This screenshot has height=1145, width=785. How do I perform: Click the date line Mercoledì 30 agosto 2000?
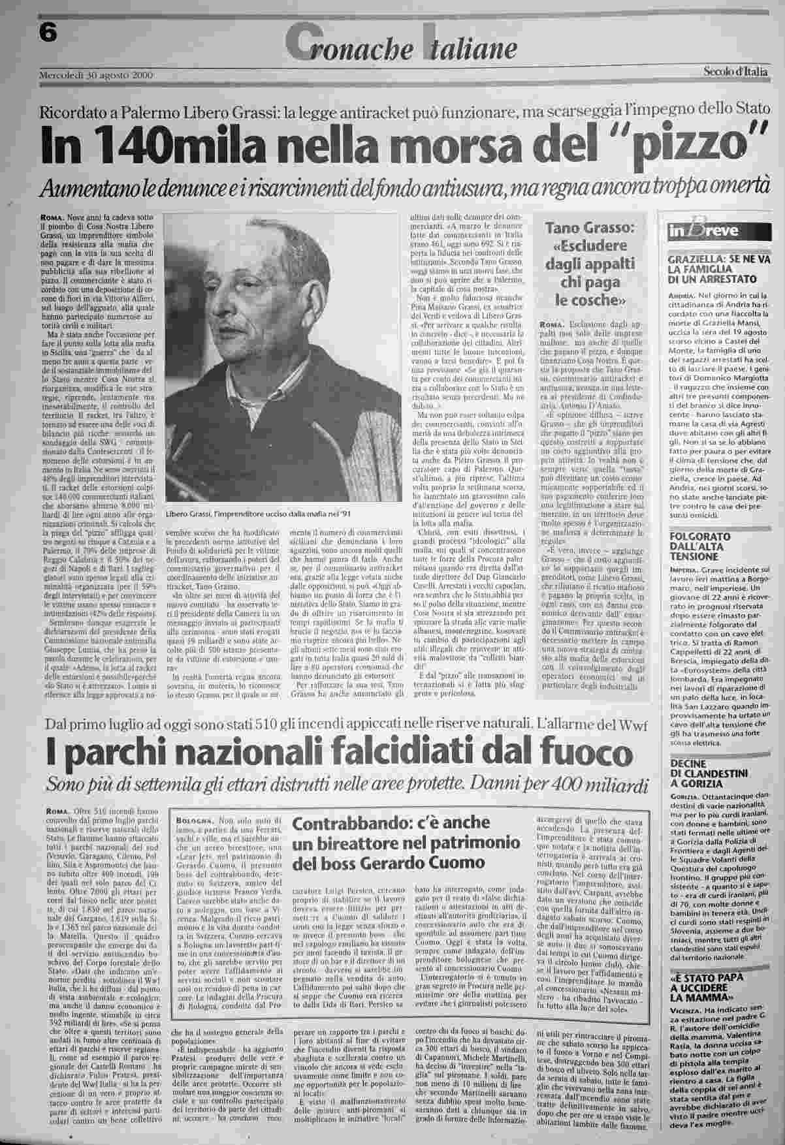pos(96,74)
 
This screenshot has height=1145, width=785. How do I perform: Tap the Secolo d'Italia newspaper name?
pos(735,72)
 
